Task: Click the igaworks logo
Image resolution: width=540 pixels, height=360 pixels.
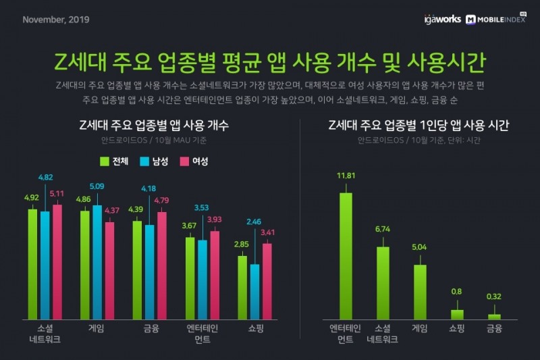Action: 443,19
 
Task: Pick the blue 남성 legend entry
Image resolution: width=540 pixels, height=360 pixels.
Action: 153,161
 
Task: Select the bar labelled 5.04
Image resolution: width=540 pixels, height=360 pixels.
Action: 420,291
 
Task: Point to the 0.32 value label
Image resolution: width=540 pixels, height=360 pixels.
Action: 495,295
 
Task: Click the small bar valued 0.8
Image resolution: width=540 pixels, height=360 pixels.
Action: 457,314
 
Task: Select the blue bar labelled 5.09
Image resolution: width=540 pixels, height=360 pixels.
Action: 97,262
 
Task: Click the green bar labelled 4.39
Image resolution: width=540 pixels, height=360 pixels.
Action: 137,269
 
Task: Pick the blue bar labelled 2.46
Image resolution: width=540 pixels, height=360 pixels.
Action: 254,291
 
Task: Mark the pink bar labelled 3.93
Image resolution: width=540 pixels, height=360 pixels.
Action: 215,274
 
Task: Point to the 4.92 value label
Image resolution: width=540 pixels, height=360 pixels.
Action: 32,199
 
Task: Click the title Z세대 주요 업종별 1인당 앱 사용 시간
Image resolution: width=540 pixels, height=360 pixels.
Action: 418,126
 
